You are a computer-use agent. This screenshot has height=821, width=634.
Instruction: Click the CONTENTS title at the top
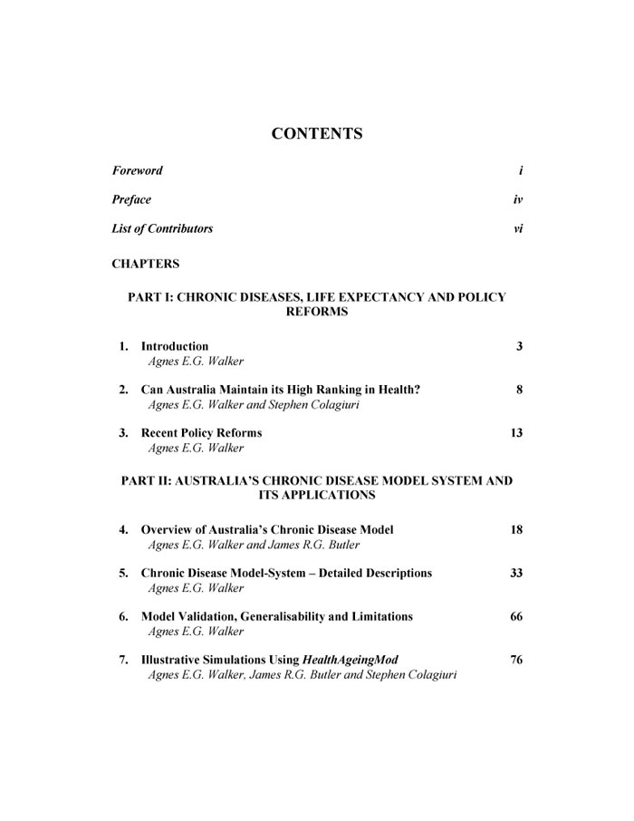[317, 134]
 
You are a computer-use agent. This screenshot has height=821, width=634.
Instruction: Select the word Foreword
[137, 170]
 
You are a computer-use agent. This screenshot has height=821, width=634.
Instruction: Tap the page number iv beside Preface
[518, 199]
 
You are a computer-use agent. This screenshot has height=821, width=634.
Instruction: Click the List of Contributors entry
[162, 228]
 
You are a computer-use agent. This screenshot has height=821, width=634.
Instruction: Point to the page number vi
[518, 228]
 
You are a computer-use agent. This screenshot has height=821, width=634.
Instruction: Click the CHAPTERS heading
[145, 265]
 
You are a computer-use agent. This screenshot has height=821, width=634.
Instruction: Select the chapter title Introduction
[175, 346]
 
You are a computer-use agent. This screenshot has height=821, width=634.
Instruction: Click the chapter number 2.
[122, 390]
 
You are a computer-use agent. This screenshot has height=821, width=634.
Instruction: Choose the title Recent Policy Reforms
[202, 433]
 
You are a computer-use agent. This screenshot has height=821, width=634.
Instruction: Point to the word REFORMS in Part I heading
[317, 312]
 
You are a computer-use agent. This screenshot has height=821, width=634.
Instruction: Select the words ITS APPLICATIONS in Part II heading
[317, 496]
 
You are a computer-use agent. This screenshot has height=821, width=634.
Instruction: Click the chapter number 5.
[122, 573]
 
